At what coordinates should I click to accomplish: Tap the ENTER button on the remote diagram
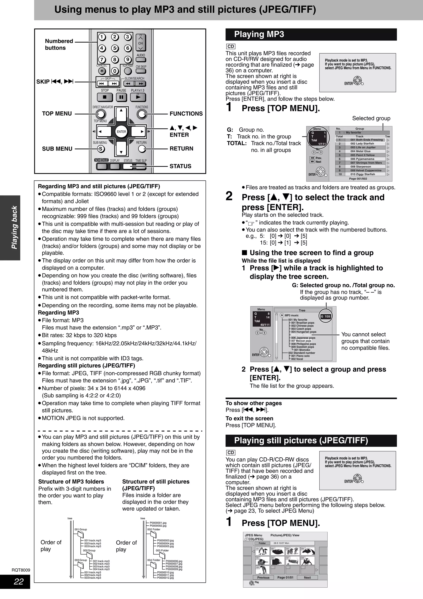click(x=121, y=132)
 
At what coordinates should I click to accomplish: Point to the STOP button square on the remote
click(x=105, y=97)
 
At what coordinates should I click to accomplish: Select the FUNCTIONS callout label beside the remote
click(x=186, y=114)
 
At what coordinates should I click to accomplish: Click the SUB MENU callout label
click(x=57, y=149)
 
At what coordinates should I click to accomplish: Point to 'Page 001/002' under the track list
click(x=358, y=179)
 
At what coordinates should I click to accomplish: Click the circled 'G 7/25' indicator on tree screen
click(x=326, y=316)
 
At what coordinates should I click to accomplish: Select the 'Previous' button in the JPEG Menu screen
click(x=263, y=578)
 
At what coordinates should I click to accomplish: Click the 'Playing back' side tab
click(x=14, y=228)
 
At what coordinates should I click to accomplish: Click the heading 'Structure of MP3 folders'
click(x=71, y=482)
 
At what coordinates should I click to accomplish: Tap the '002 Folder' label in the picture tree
click(x=153, y=529)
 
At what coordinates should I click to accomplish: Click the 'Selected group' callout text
click(x=371, y=118)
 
